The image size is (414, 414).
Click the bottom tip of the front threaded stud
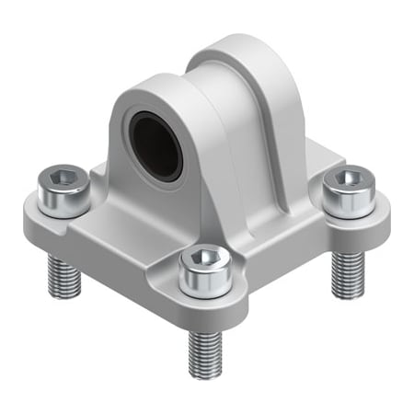[x=204, y=374]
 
